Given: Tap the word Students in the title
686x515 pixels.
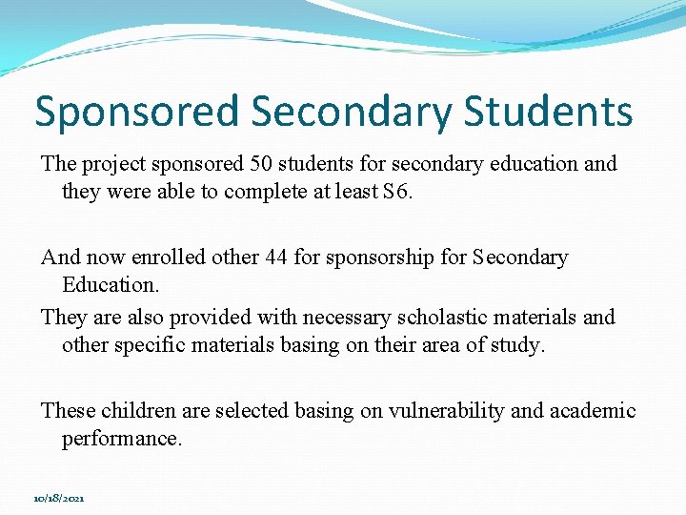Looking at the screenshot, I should [x=548, y=112].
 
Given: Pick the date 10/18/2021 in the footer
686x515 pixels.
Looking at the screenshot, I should [x=58, y=498].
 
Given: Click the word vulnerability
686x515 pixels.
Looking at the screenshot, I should [x=430, y=411].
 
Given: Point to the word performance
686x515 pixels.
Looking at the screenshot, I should [x=120, y=439].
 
